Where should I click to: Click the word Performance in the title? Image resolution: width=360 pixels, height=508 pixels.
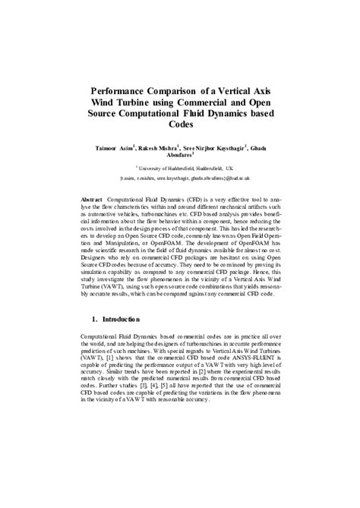[x=123, y=90]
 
